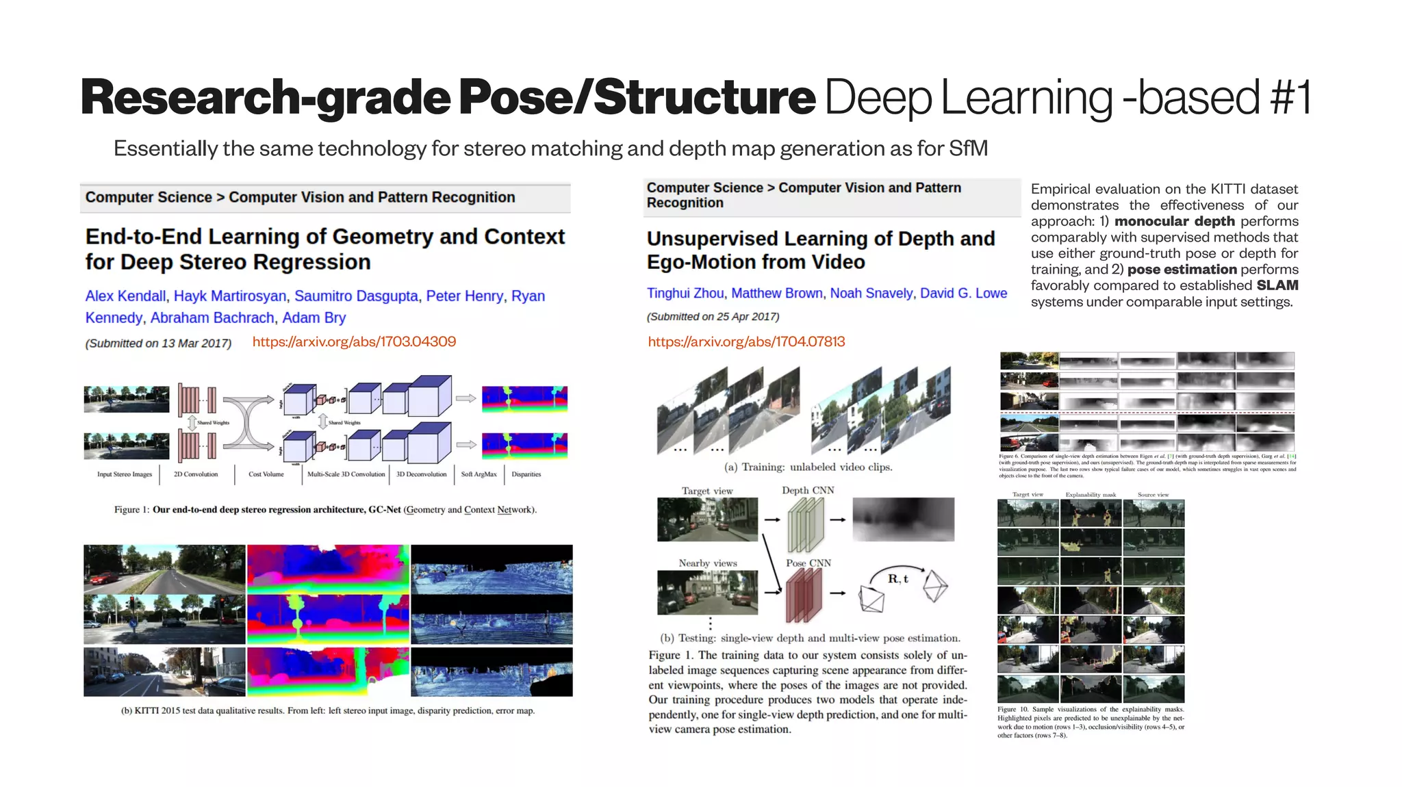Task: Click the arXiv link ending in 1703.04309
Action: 354,341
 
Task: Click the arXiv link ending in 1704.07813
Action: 746,341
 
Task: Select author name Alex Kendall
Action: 125,296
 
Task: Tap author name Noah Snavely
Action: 871,293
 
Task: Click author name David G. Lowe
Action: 963,293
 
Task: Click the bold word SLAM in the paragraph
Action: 1277,285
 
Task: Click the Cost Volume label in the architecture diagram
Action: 266,474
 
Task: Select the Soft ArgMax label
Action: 479,474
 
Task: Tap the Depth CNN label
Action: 808,490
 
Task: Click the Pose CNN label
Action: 808,563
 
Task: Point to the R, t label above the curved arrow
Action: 897,578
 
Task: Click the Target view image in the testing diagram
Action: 707,519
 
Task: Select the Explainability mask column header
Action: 1091,494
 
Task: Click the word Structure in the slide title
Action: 704,97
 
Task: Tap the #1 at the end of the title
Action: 1290,97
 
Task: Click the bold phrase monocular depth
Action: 1174,221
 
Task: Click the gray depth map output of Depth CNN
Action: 903,519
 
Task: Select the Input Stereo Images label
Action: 124,474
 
